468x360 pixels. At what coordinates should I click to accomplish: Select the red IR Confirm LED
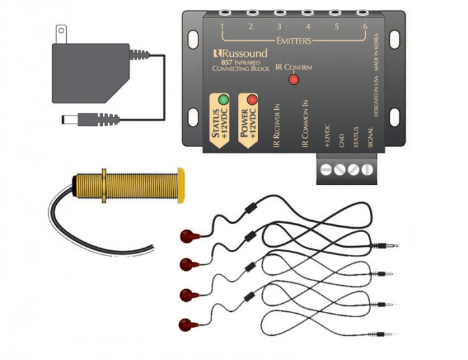[293, 80]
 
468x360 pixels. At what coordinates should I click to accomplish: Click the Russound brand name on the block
[240, 53]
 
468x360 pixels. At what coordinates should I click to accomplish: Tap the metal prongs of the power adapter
[62, 33]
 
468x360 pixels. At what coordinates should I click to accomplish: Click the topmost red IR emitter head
[190, 235]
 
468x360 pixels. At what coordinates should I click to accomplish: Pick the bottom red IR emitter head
[190, 325]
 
